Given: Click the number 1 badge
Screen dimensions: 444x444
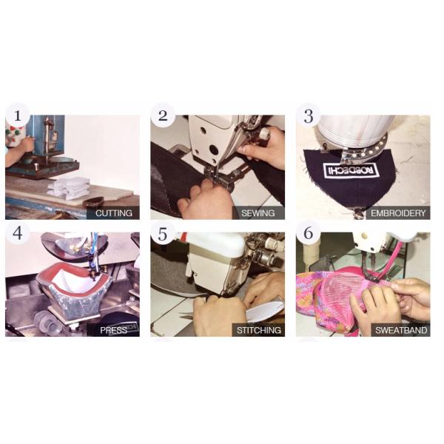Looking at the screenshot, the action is [18, 115].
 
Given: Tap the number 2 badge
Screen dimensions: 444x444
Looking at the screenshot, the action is [163, 115].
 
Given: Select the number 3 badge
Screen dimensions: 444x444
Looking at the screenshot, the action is [309, 115].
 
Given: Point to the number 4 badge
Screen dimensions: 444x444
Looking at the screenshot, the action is [18, 233].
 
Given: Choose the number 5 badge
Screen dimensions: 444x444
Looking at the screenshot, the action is [163, 233].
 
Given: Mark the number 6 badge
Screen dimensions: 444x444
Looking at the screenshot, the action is [309, 233].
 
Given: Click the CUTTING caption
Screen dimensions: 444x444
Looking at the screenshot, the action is [113, 213].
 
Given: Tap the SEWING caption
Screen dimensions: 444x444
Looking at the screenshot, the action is [258, 213].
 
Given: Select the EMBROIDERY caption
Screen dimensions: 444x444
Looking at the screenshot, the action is [398, 213].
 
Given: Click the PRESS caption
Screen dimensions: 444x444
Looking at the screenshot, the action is [113, 330].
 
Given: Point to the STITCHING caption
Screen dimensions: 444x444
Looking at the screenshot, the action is [258, 330].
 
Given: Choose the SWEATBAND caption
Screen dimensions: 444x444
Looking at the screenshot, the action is [401, 330].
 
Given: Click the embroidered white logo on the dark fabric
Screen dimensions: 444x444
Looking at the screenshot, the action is [351, 170].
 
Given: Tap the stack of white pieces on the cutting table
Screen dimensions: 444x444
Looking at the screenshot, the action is [69, 187].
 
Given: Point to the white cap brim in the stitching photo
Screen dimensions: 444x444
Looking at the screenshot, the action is [265, 312].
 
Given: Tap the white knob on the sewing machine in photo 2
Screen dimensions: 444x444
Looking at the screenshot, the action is [264, 132].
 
